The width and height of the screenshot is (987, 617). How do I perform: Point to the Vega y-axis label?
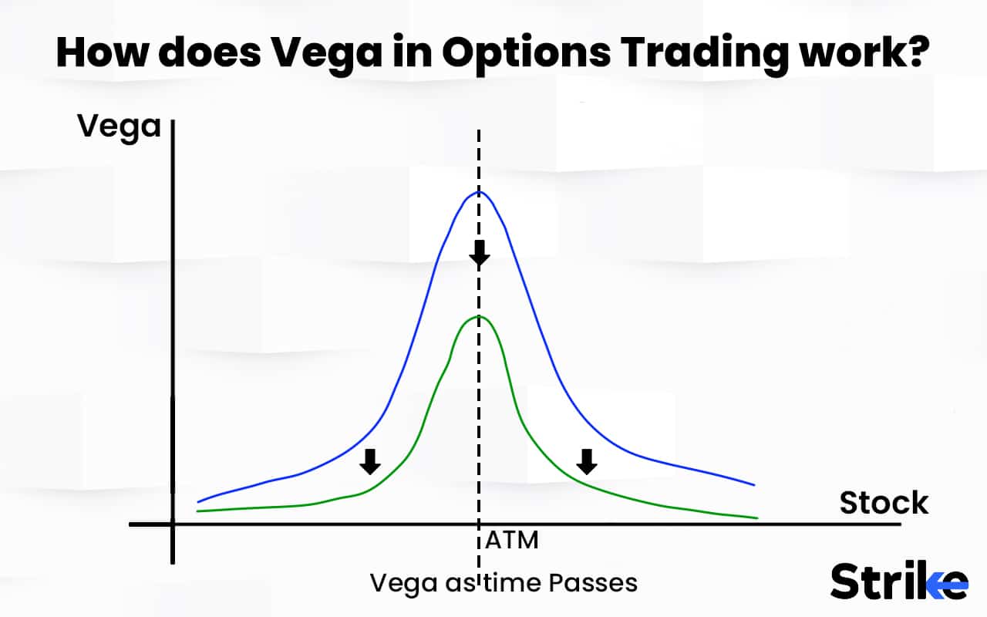pos(120,126)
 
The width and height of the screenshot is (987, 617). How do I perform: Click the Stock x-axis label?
pos(884,503)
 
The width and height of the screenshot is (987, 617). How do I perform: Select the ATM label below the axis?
pos(511,541)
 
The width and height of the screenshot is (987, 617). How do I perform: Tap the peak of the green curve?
pos(480,316)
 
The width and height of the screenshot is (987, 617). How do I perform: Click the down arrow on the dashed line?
pos(480,251)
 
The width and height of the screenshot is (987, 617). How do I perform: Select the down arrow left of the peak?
pos(371,461)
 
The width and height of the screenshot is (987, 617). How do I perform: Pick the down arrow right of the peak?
pos(588,461)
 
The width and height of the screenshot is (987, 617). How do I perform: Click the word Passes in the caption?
pos(593,582)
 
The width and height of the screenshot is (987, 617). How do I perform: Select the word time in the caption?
pos(507,582)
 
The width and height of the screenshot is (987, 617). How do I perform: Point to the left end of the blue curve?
pos(198,502)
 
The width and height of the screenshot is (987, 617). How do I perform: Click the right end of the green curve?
pos(757,518)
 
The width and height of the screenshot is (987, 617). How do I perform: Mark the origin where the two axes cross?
pos(173,524)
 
